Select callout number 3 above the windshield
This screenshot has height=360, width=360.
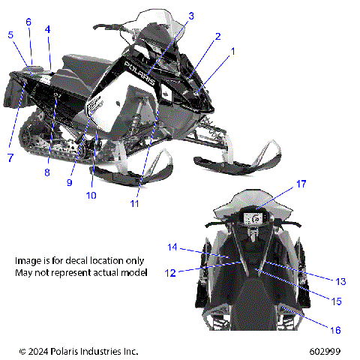(190, 16)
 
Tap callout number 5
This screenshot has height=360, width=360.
(10, 34)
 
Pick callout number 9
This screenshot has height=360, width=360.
(69, 181)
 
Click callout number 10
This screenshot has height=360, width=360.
(91, 196)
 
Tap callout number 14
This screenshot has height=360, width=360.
(172, 247)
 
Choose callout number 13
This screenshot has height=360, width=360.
(340, 281)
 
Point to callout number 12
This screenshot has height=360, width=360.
(172, 272)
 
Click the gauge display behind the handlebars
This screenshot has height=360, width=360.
(256, 218)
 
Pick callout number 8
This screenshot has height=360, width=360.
(46, 172)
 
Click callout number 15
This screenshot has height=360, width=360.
(336, 301)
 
